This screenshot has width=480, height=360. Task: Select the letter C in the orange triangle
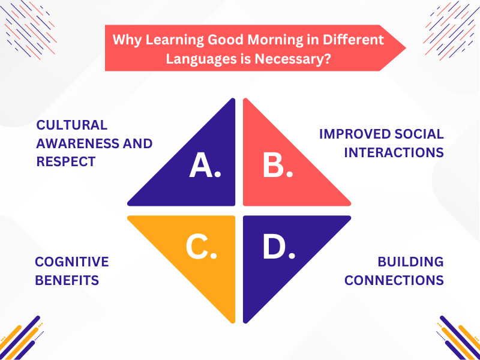point(201,247)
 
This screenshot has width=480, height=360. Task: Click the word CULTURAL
point(72,125)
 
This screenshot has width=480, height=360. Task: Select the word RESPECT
point(66,161)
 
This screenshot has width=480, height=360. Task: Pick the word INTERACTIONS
point(394,152)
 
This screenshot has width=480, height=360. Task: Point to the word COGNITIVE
point(72,262)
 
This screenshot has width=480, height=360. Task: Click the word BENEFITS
point(67,280)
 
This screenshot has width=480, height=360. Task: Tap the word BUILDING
point(411,262)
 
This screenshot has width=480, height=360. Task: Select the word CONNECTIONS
point(394,280)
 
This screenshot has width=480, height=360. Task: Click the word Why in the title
point(125,40)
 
